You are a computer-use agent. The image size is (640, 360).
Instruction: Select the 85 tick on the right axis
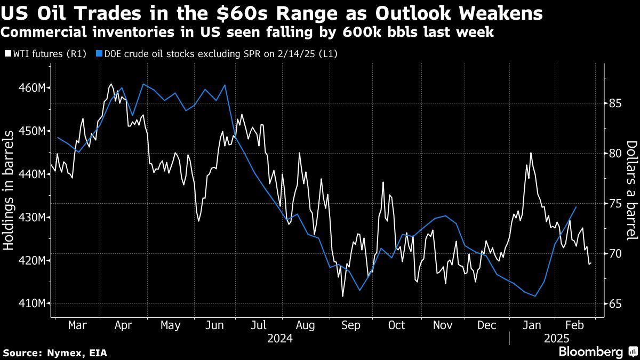[614, 103]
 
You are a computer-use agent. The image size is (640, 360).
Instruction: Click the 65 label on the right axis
[614, 303]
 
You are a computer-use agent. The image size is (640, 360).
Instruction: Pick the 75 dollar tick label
[614, 203]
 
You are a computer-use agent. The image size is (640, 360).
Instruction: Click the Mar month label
[78, 325]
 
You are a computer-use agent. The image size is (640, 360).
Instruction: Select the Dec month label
[487, 325]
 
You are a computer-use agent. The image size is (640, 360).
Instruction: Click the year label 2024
[279, 338]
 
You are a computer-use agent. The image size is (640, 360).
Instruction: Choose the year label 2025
[557, 338]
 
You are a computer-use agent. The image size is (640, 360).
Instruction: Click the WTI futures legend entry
[45, 54]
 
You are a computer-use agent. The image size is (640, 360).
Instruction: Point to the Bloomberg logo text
[590, 352]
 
